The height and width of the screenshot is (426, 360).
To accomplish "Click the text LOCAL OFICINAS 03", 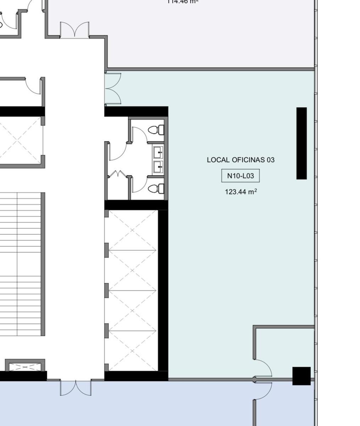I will pos(240,160).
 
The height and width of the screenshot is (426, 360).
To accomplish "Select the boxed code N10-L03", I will pos(240,176).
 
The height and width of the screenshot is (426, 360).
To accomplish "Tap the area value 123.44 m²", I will pos(240,192).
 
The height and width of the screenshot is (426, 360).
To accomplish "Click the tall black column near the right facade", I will pos(301,143).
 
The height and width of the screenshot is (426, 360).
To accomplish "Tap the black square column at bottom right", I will pos(301,376).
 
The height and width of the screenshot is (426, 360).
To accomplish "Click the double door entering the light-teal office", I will pos(113,89).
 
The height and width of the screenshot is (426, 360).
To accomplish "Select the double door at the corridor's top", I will pos(74,30).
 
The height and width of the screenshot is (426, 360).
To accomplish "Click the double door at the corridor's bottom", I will pos(75,387).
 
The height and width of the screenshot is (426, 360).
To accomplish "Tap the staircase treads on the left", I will pos(21,264).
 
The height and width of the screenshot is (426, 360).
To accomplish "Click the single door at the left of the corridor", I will pos(34,86).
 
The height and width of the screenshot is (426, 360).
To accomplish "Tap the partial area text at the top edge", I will pos(182,2).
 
